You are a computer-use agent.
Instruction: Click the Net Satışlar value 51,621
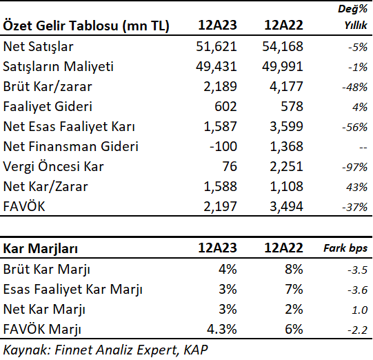(216, 47)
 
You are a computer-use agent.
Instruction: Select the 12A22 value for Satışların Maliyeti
(283, 67)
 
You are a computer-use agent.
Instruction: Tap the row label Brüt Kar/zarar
(48, 87)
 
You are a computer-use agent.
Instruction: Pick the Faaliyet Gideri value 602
(225, 106)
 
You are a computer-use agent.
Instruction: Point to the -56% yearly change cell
(354, 128)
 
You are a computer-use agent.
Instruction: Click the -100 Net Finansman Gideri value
(223, 146)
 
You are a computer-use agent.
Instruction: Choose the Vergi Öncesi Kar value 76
(230, 166)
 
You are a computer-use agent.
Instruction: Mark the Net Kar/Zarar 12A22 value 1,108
(286, 186)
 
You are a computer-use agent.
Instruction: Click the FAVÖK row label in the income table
(24, 206)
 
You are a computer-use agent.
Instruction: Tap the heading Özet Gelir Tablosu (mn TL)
(86, 26)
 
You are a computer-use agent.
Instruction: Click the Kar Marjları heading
(41, 249)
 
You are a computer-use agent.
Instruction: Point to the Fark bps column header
(345, 248)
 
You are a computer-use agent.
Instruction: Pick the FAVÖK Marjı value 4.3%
(222, 329)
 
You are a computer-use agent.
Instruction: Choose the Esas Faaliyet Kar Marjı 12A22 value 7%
(294, 290)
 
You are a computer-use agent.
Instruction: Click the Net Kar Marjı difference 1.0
(359, 310)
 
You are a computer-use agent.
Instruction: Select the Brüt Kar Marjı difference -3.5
(358, 270)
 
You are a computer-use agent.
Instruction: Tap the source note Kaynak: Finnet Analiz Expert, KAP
(105, 350)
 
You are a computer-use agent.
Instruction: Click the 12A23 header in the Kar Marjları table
(217, 248)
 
